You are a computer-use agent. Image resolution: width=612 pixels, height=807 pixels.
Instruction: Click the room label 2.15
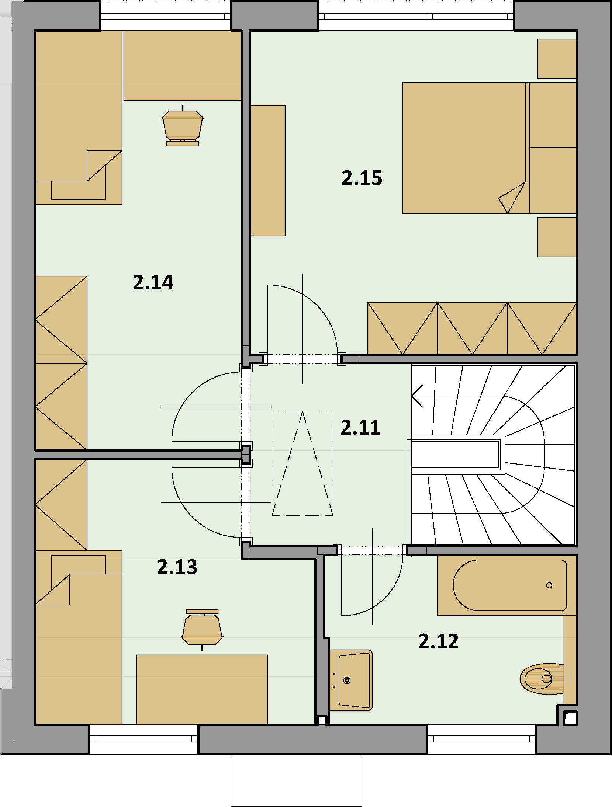click(362, 178)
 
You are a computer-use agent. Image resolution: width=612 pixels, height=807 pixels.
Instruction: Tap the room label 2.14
click(153, 282)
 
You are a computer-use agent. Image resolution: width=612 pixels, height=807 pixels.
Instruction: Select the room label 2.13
click(177, 567)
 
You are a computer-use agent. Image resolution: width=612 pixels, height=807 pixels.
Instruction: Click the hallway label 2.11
click(360, 428)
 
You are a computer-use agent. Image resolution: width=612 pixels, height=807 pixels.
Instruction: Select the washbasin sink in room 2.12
click(351, 680)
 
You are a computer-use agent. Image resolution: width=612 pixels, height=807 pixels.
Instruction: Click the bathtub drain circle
click(549, 585)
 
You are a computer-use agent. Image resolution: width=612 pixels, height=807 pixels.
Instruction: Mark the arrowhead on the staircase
click(417, 396)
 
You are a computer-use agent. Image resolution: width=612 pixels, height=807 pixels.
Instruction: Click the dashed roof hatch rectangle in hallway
click(302, 463)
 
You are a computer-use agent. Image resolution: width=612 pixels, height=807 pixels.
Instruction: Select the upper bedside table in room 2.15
click(557, 59)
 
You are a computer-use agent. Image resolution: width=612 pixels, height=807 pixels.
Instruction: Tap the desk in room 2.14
click(182, 65)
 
